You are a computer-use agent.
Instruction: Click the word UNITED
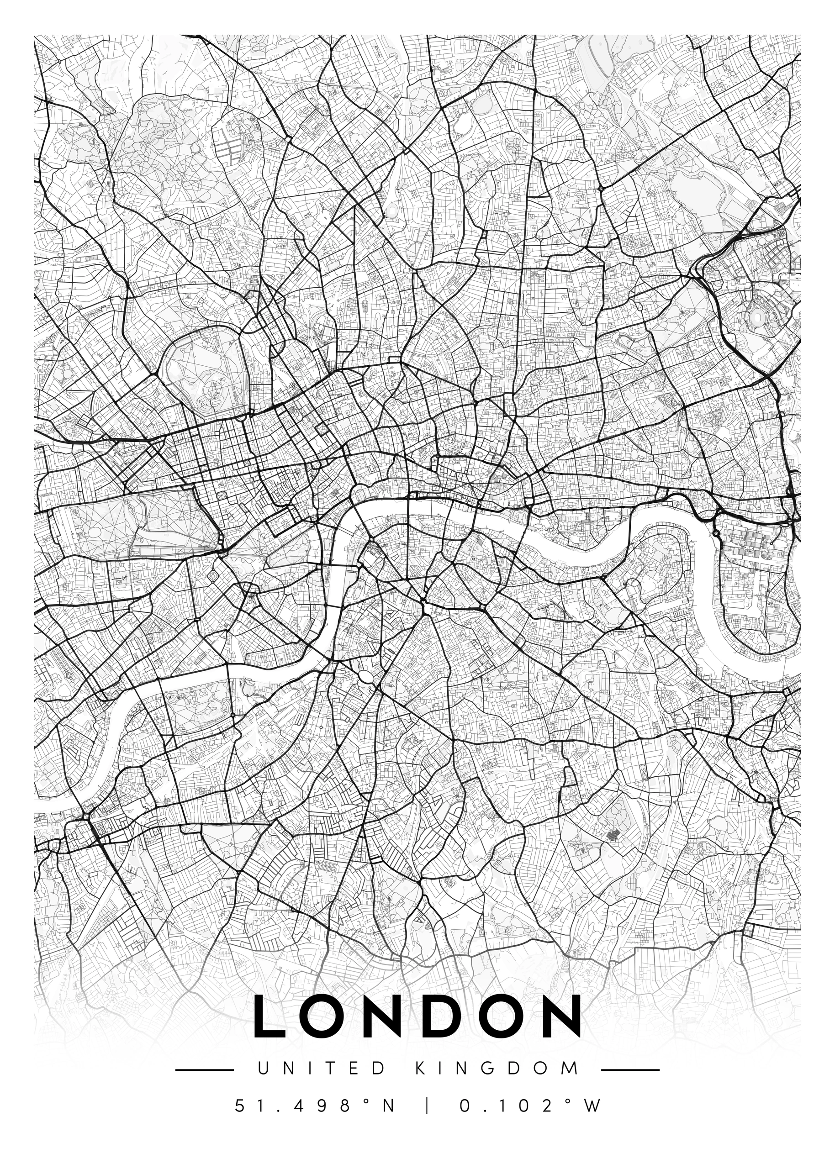pyautogui.click(x=321, y=1067)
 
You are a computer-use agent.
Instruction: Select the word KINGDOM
pyautogui.click(x=497, y=1067)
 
